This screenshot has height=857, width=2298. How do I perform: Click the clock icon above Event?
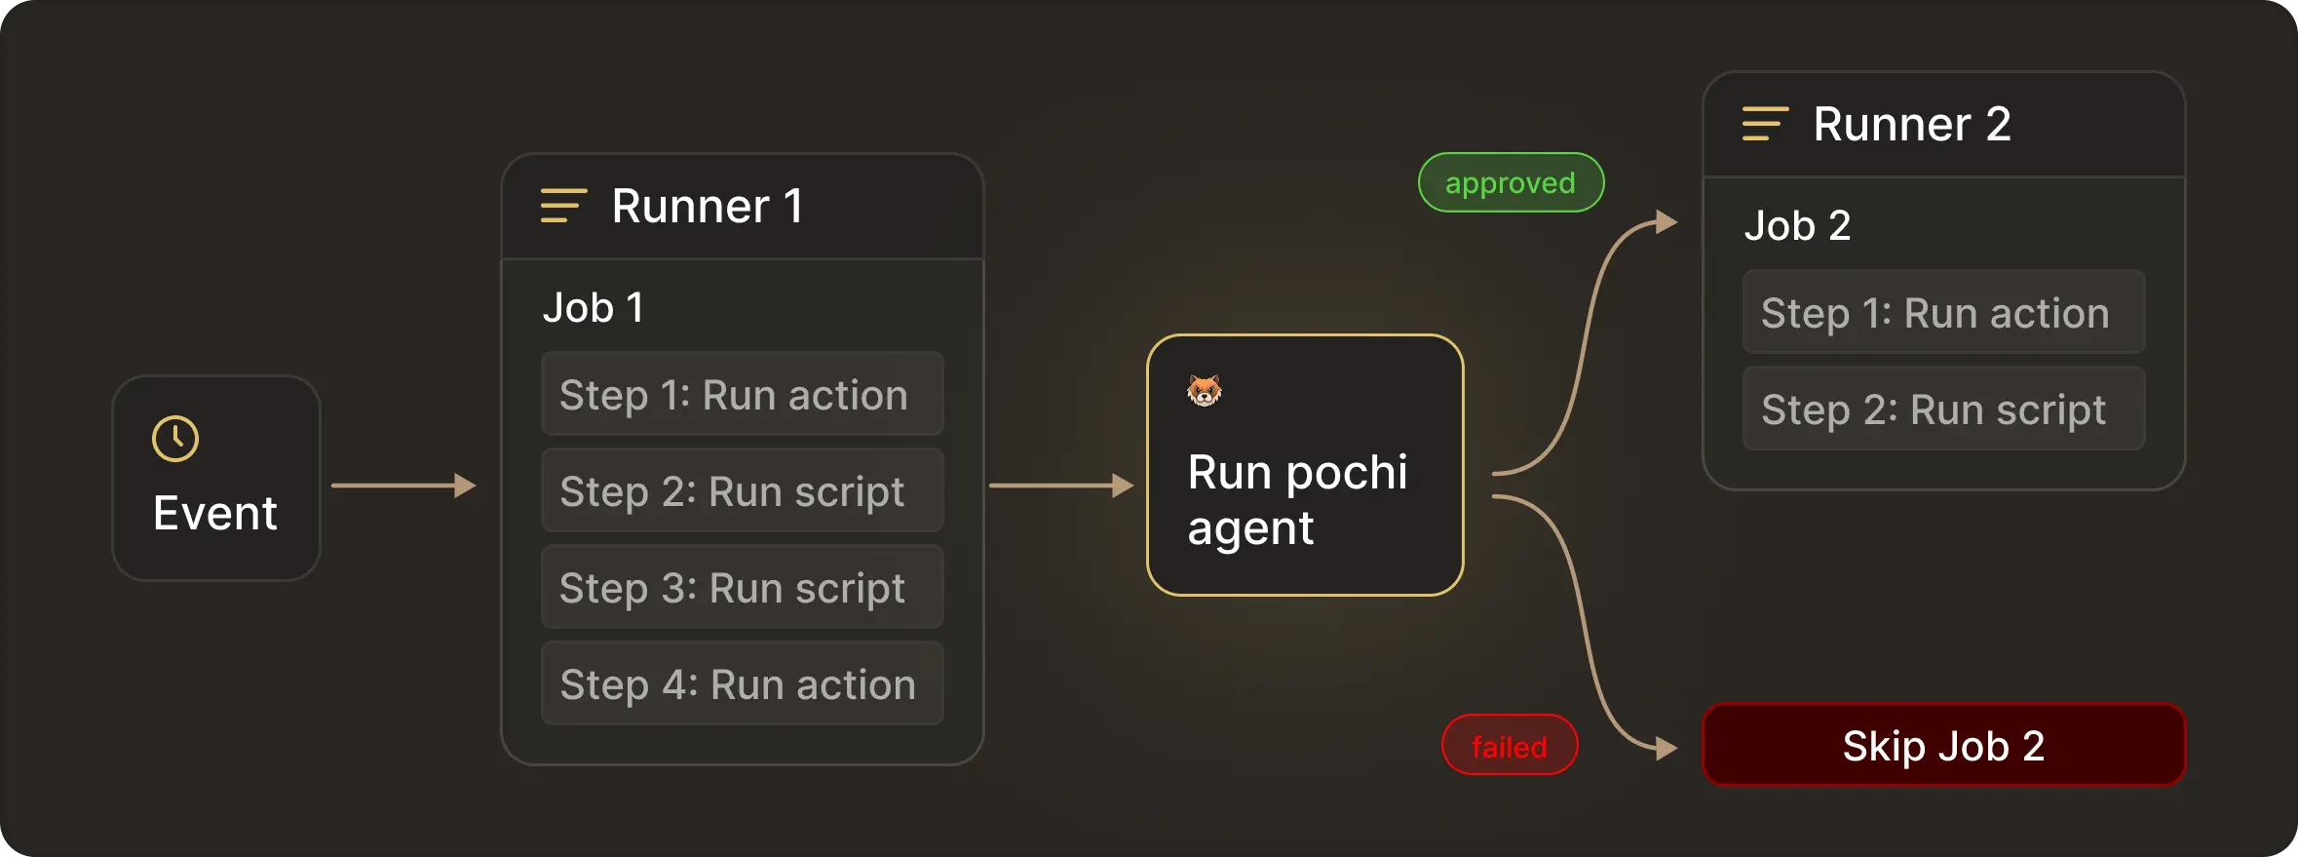(175, 439)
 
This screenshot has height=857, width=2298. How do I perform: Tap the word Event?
(215, 513)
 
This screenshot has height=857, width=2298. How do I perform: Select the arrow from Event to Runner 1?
(403, 486)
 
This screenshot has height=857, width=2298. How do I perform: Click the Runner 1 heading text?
(707, 207)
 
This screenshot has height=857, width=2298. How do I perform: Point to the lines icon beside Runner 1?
(563, 206)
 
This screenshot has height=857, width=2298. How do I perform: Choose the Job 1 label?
(593, 308)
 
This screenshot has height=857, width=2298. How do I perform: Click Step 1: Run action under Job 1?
(742, 394)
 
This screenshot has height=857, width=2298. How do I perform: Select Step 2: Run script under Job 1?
(742, 490)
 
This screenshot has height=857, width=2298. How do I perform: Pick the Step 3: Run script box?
(742, 587)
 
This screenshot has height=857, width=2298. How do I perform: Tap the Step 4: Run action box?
(742, 683)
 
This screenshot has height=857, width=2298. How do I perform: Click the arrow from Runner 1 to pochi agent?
(1061, 486)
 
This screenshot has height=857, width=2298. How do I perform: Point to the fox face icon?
(1204, 391)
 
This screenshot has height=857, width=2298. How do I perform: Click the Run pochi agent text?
(1297, 499)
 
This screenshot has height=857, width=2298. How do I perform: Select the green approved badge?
(1511, 182)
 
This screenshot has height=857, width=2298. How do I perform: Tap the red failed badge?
(1510, 746)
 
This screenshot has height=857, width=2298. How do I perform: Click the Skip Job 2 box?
(1943, 746)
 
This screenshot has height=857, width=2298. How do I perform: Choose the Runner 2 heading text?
(1911, 125)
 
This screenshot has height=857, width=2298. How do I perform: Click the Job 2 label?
(1796, 226)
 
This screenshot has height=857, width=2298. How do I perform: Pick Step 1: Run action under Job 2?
(1943, 312)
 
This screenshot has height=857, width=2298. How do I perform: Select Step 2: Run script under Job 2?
(1943, 409)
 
